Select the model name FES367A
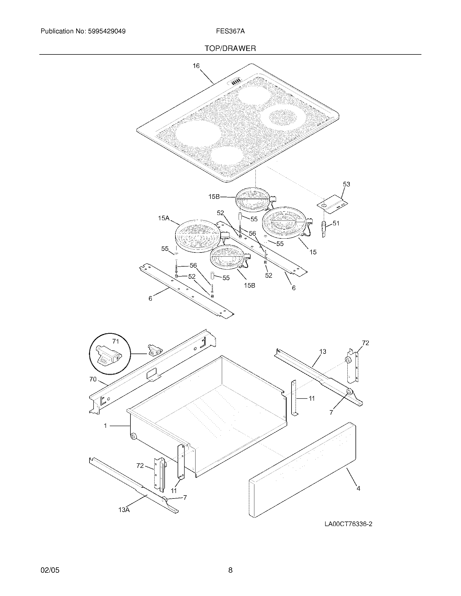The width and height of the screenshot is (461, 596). point(230,31)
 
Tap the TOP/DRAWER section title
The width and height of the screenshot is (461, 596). point(230,48)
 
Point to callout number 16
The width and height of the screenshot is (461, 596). point(196,66)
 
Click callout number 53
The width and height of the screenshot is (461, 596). point(346,184)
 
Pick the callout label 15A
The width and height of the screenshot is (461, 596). point(164,218)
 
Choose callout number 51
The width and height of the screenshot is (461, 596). point(336,223)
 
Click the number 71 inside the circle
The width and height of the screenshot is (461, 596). point(116,341)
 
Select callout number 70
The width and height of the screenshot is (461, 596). point(93,379)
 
